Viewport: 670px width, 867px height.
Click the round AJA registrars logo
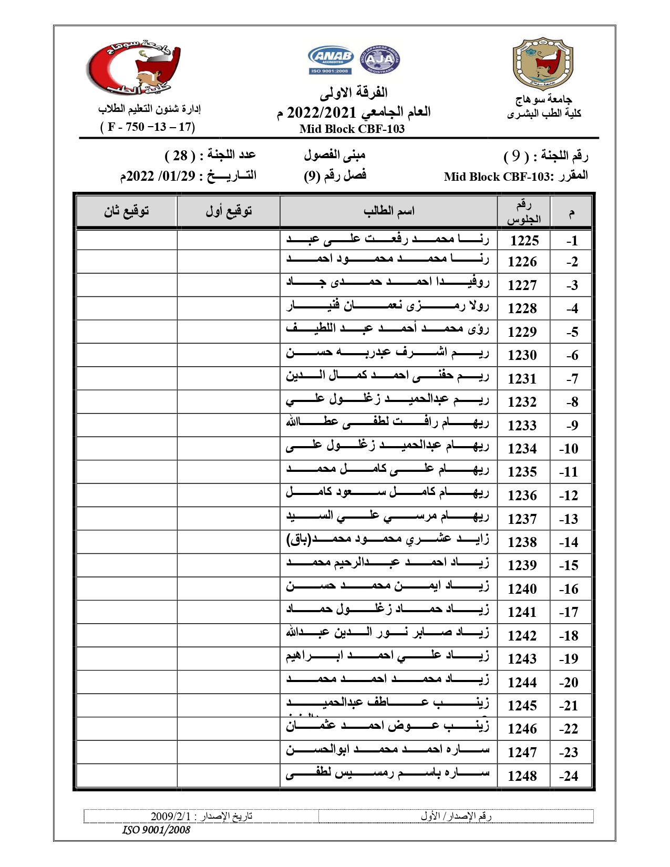(x=380, y=59)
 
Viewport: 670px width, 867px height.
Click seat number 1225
(x=524, y=241)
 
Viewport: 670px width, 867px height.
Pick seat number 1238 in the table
(x=522, y=542)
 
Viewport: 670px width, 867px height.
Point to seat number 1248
(x=522, y=776)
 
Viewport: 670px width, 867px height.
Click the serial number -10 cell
(x=569, y=449)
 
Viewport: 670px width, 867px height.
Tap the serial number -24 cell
(x=569, y=776)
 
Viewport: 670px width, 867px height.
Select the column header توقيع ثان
(x=127, y=211)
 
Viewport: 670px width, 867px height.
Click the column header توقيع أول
(x=229, y=211)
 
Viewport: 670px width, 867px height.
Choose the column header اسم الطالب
(x=389, y=211)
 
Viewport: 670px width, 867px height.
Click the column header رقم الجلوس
(x=523, y=212)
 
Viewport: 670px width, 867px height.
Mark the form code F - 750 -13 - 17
(x=148, y=127)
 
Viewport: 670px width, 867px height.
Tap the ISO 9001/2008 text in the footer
(x=156, y=830)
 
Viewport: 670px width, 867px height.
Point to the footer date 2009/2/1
(x=171, y=816)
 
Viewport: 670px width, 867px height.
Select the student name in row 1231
(x=387, y=376)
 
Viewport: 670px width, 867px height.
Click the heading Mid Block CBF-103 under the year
(x=352, y=129)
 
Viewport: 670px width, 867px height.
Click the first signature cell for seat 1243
(x=229, y=659)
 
